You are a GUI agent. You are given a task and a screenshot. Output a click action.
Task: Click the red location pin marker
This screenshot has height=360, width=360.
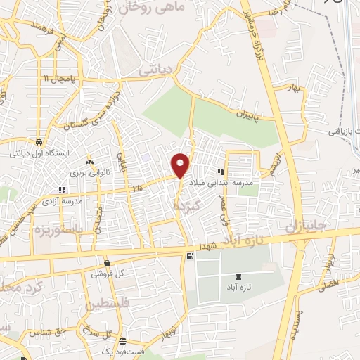pyautogui.click(x=181, y=164)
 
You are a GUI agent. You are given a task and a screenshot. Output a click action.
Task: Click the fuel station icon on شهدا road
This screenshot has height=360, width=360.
pyautogui.click(x=190, y=257)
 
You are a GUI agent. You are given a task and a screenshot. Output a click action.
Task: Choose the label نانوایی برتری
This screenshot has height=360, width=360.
pyautogui.click(x=86, y=171)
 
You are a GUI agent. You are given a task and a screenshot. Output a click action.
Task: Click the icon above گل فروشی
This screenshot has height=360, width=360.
pyautogui.click(x=108, y=262)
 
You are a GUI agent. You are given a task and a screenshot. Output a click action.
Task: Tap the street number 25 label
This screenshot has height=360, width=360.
pyautogui.click(x=136, y=187)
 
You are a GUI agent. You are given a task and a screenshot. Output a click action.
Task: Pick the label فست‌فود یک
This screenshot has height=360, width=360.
pyautogui.click(x=117, y=350)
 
